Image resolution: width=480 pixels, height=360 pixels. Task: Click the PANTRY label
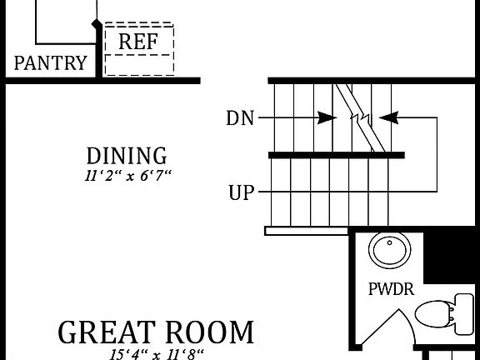click(51, 63)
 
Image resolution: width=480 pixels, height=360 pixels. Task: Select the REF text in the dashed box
click(137, 42)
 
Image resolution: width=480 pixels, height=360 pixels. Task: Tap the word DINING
click(127, 156)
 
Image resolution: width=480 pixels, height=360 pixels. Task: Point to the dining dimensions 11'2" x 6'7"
click(127, 176)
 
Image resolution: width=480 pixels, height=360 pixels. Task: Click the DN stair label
click(239, 118)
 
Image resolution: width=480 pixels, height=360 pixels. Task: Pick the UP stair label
click(241, 194)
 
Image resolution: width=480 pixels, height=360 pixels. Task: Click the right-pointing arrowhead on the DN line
click(327, 118)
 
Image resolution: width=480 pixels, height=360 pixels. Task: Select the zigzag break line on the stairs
click(361, 117)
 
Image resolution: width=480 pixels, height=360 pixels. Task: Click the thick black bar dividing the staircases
click(336, 155)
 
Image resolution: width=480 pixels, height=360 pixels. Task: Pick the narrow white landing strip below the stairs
click(305, 231)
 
